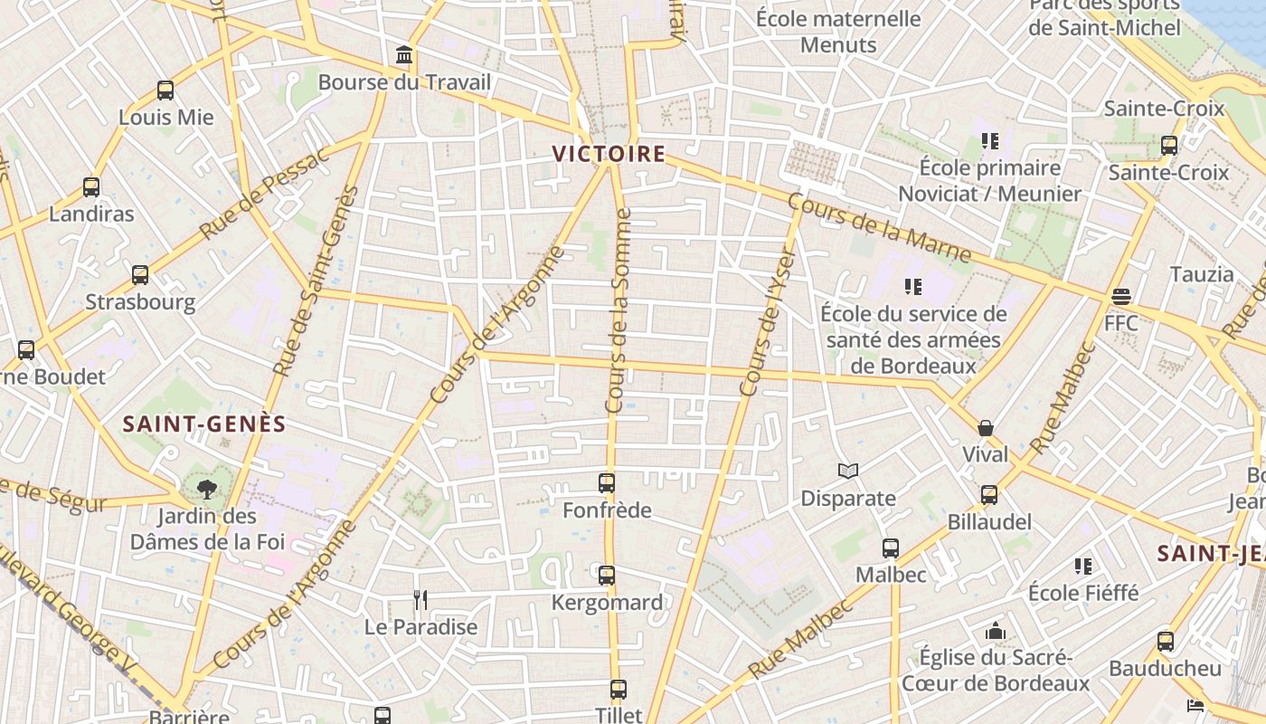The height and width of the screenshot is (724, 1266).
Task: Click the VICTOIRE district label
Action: point(609,154)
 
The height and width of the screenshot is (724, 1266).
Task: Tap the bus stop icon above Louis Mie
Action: point(165,90)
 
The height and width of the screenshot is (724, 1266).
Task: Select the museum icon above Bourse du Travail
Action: point(404,56)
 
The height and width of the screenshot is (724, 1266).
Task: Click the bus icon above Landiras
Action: point(91,187)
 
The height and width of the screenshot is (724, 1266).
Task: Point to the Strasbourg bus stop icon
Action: point(140,275)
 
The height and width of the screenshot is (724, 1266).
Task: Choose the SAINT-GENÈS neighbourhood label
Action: point(204,424)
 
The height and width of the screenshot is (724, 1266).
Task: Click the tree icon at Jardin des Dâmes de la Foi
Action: point(207,490)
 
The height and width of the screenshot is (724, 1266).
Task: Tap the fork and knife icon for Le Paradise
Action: point(420,599)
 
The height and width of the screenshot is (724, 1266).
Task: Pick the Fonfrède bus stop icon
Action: point(607,483)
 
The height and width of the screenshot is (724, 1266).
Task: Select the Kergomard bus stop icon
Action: point(607,575)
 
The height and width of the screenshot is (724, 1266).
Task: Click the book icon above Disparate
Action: point(848,471)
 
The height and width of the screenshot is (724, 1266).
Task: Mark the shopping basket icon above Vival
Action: point(986,427)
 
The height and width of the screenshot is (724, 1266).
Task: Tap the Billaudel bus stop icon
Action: point(989,495)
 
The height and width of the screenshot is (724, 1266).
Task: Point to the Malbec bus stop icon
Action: point(891,548)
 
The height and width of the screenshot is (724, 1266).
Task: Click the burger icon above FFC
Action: point(1121,296)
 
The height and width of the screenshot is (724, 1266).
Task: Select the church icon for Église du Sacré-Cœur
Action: point(996,630)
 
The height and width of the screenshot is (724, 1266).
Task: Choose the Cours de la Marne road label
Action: point(879,228)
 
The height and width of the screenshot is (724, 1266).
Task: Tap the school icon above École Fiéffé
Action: point(1083,567)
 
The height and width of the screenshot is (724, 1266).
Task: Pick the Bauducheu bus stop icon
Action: point(1166,642)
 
